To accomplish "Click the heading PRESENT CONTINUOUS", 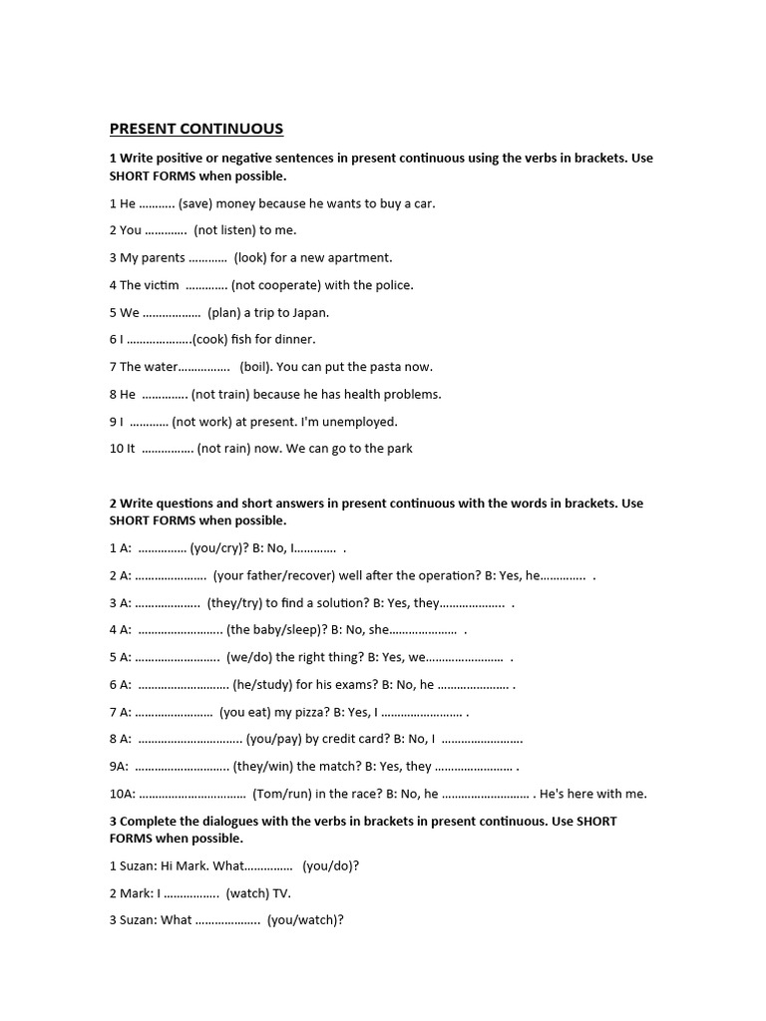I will coord(195,129).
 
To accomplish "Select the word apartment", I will coord(359,257).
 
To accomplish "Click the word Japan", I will coord(308,312).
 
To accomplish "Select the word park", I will coord(398,449).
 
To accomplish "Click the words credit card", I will coord(354,739).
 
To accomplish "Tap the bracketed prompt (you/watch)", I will coord(305,920).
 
